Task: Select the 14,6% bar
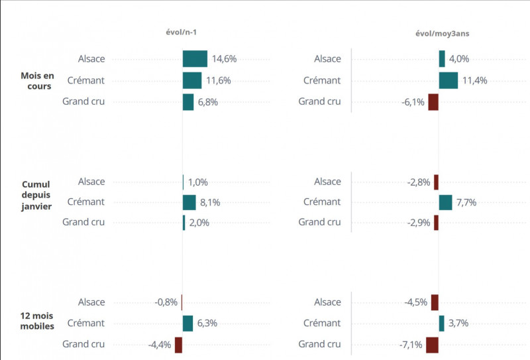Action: tap(195, 59)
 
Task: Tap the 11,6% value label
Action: tap(218, 81)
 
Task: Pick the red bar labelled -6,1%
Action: tap(433, 102)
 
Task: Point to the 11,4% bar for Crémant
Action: tap(449, 81)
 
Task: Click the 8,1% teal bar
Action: tap(189, 202)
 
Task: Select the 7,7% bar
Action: tap(445, 202)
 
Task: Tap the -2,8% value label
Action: tap(419, 182)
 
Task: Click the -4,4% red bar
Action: tap(178, 345)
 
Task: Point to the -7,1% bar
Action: tap(432, 345)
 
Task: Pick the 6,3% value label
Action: tap(207, 324)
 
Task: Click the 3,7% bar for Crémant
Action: tap(441, 324)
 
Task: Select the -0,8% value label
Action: tap(166, 302)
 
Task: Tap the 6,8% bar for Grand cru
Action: tap(188, 102)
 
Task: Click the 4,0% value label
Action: tap(458, 59)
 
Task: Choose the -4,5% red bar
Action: tap(435, 302)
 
